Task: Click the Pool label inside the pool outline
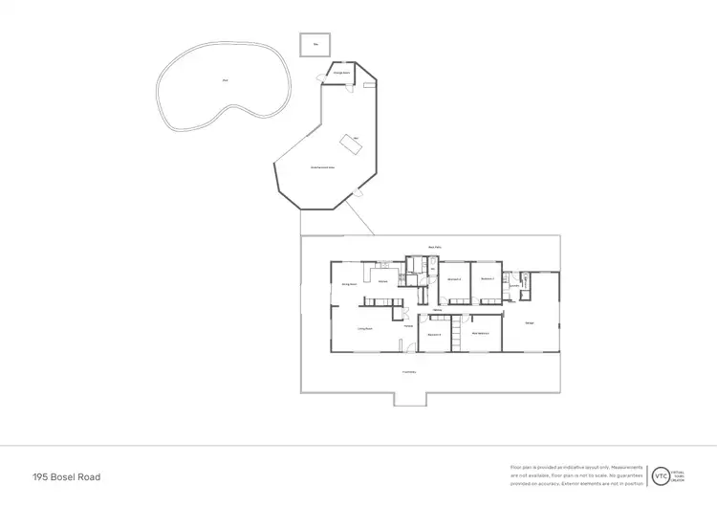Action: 226,79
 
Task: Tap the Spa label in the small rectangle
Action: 315,44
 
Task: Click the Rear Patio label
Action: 432,247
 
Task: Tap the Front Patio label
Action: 408,371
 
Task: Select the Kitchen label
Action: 382,281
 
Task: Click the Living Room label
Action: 364,329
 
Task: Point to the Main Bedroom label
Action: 481,333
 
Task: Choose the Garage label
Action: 530,322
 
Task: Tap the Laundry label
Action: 513,285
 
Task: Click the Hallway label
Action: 436,309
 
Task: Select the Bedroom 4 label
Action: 434,334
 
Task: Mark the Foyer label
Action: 407,326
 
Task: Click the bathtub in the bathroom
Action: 433,266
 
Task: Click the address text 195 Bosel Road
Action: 66,476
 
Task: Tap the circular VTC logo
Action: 660,475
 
